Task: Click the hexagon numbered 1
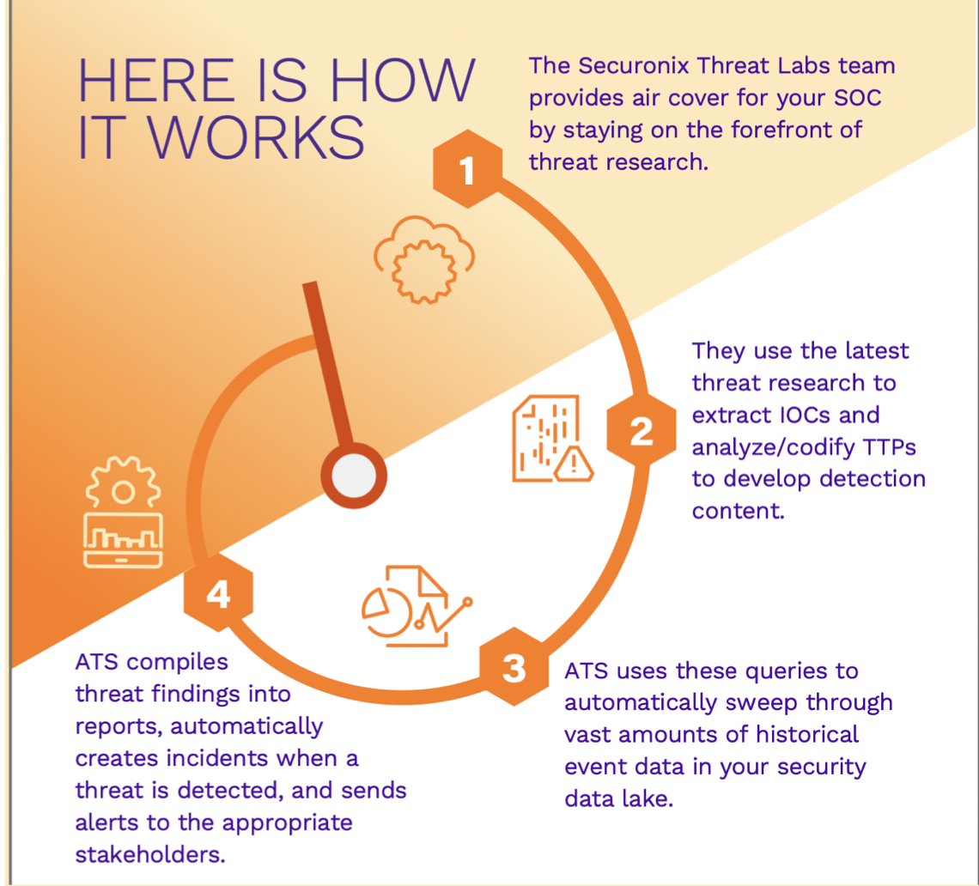tap(468, 168)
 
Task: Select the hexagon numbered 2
tap(642, 430)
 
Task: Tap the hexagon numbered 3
tap(514, 667)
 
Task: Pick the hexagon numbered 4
tap(218, 593)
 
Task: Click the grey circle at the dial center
tap(354, 476)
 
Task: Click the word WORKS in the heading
tap(256, 137)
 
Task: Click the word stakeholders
tap(149, 854)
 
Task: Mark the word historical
tap(807, 734)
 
